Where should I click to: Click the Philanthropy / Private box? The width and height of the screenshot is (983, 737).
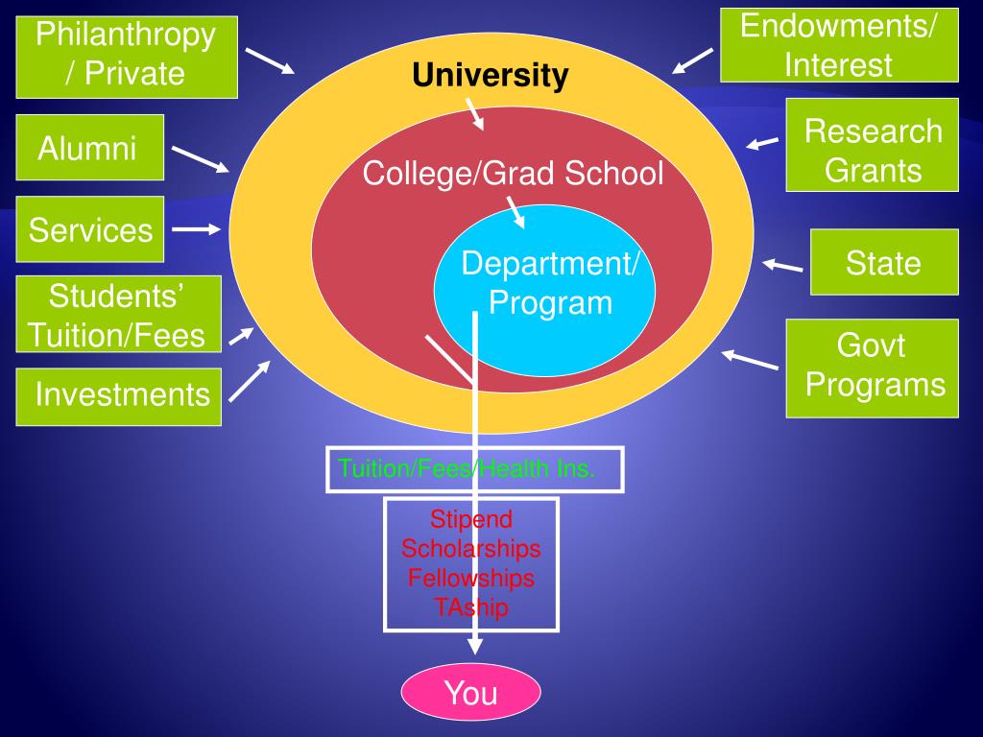[x=126, y=57]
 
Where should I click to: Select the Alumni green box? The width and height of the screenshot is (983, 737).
[x=89, y=148]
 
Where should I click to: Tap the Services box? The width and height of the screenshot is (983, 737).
[x=89, y=230]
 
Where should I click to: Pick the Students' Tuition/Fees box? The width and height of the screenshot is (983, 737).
[x=118, y=314]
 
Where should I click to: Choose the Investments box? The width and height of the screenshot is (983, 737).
[x=119, y=394]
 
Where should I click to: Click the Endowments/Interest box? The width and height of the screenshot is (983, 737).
[x=839, y=45]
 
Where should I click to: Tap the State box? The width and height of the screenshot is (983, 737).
[x=883, y=262]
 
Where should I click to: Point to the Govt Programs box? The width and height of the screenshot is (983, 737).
[x=872, y=368]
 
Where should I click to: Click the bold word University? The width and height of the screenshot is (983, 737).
[x=491, y=75]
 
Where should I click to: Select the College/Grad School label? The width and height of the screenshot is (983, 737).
[x=513, y=174]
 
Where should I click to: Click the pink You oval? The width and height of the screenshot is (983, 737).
[x=470, y=692]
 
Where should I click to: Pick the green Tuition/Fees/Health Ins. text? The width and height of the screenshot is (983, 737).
[x=467, y=469]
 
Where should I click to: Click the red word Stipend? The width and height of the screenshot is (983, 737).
[x=471, y=519]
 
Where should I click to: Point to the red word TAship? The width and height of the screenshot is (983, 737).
[x=471, y=607]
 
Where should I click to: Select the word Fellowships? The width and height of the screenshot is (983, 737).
[x=471, y=578]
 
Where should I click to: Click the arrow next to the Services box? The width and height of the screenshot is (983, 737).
[x=197, y=229]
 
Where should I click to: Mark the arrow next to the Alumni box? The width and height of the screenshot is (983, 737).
[x=201, y=159]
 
